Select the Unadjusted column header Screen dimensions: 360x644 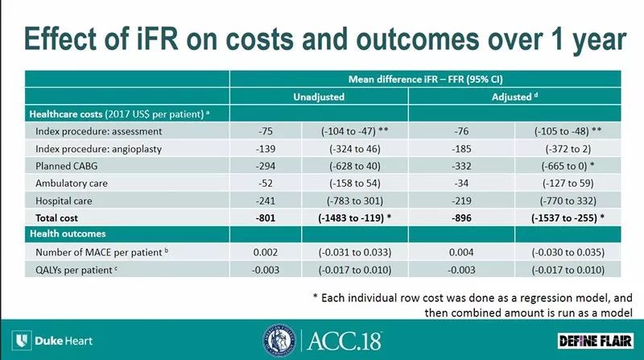coord(319,97)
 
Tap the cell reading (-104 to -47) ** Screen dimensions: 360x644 coord(354,130)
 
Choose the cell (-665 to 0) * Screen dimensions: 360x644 coord(568,164)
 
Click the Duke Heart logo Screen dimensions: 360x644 coord(53,340)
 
